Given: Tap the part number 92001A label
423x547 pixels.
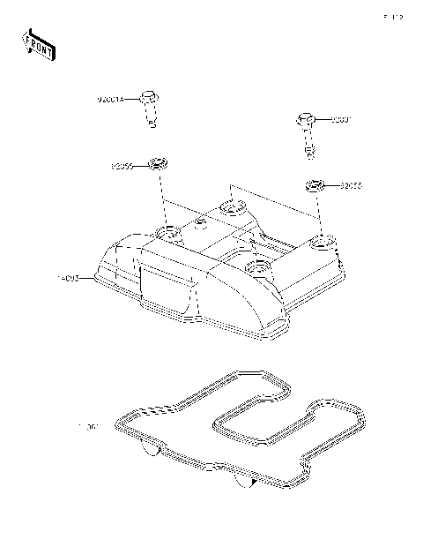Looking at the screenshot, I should coord(112,100).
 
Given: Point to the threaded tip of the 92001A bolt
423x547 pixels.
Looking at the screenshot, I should coord(153,124).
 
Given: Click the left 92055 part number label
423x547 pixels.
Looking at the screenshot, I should coord(122,164).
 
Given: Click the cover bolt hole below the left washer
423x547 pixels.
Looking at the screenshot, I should coord(167,234).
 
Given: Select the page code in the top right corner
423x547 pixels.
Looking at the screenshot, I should coord(392,16).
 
